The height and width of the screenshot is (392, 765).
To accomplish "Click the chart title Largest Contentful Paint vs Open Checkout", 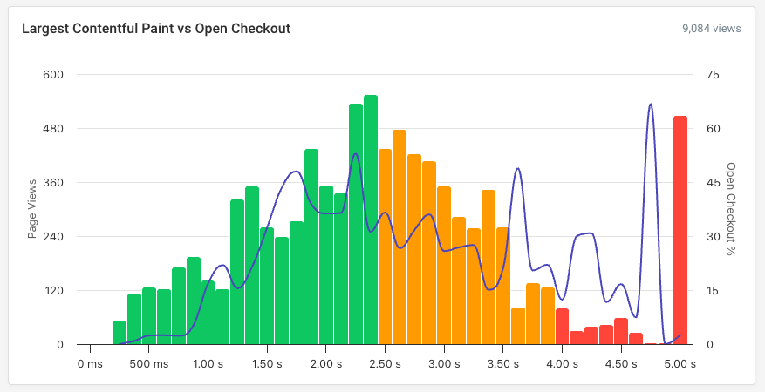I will tap(155, 29).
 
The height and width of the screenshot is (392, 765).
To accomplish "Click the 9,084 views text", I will tap(712, 29).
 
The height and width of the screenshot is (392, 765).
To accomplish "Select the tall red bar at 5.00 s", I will tap(680, 230).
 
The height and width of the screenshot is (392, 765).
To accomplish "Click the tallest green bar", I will tap(371, 220).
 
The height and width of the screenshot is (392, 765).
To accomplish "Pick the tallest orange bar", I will tap(400, 237).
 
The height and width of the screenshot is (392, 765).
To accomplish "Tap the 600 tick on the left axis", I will tap(54, 75).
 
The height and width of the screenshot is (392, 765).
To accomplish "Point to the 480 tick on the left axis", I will tap(54, 129).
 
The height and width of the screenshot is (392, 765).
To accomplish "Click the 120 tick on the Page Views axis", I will tap(54, 291).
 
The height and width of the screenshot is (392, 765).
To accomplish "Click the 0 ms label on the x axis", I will tap(90, 363).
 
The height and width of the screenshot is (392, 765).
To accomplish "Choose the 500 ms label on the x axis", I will tap(149, 363).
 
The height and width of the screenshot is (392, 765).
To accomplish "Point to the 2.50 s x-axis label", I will tap(385, 363).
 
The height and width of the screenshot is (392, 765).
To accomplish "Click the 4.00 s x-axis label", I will tap(562, 363).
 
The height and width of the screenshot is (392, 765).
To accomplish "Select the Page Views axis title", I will tap(32, 209).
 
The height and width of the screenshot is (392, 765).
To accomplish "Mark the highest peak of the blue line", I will tap(651, 105).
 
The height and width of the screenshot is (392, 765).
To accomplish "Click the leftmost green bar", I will tap(120, 333).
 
